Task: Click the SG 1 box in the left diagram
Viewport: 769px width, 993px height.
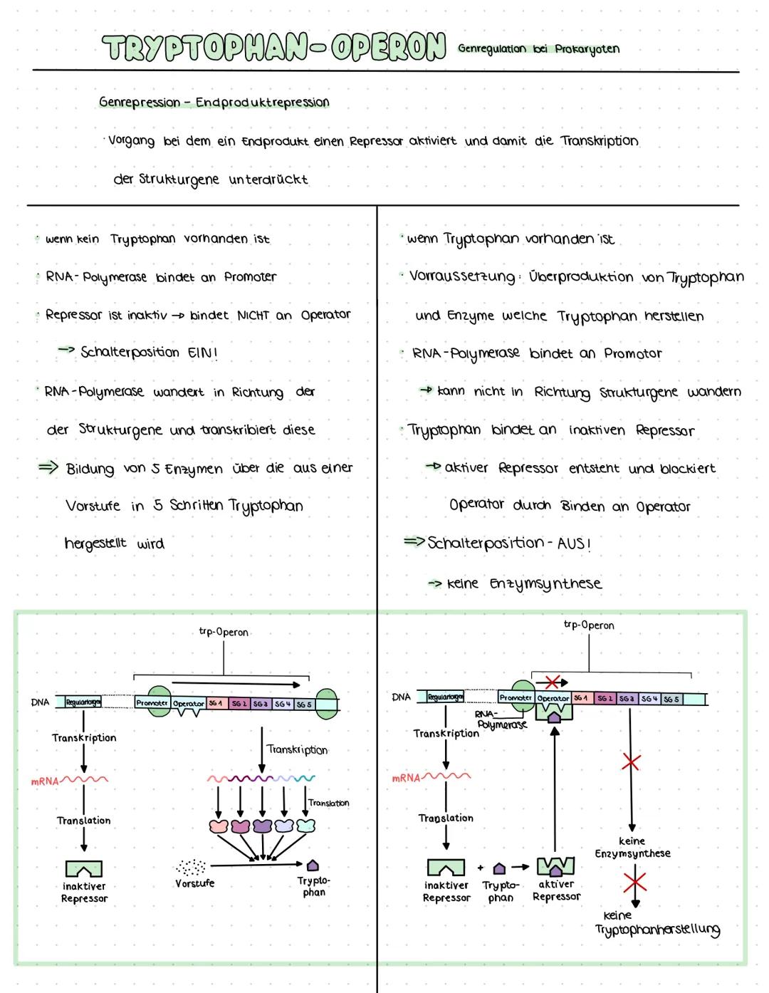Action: [216, 703]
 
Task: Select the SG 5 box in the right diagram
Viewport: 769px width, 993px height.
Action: [671, 699]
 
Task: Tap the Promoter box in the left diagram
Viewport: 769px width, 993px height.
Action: [152, 703]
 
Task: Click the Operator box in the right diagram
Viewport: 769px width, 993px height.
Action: [553, 698]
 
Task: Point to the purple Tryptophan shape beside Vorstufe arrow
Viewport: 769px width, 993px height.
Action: [313, 865]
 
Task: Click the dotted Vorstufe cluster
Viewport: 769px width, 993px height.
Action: [191, 867]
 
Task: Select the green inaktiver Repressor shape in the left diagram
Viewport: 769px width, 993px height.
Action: [84, 868]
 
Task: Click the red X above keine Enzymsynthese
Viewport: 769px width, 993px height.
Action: [630, 763]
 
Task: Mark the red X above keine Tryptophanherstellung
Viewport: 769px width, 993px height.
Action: [634, 882]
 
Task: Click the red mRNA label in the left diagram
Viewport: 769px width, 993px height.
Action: [44, 781]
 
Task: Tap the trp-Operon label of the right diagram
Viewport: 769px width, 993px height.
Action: [589, 625]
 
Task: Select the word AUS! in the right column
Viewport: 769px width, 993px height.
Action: [574, 544]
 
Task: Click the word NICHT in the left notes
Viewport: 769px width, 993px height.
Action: [253, 315]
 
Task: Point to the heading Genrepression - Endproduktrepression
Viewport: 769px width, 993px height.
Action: [214, 103]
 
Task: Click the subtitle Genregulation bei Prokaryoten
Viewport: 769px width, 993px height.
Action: [538, 49]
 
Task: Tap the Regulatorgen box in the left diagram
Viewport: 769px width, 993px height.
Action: [83, 702]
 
